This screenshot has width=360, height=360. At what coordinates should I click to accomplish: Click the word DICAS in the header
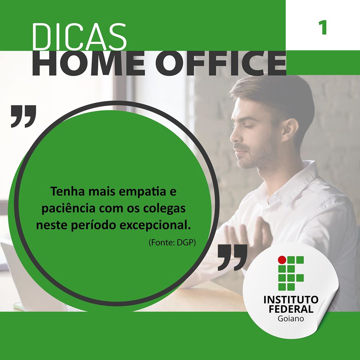[79, 36]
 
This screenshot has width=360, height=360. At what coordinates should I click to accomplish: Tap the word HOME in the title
[89, 63]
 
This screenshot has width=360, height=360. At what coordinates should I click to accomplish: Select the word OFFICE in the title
[221, 63]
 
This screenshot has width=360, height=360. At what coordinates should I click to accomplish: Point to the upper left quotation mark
[23, 116]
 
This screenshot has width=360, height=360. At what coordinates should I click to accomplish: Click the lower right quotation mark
[232, 257]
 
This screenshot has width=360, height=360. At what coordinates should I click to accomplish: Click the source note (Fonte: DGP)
[172, 243]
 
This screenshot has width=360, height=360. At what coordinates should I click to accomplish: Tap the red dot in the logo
[282, 259]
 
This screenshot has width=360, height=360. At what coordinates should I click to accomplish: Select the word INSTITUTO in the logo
[291, 300]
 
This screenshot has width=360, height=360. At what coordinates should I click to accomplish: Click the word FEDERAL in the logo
[291, 309]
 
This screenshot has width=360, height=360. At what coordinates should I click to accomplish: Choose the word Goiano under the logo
[291, 319]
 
